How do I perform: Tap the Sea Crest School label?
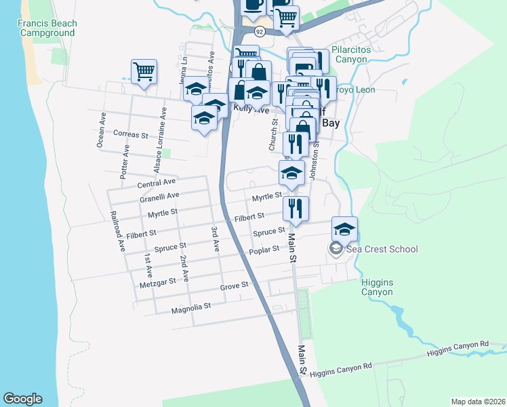(x=382, y=249)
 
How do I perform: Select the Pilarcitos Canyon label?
(x=359, y=54)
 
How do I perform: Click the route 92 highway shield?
(x=260, y=32)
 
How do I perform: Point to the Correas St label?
(x=131, y=135)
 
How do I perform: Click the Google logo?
(x=22, y=399)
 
